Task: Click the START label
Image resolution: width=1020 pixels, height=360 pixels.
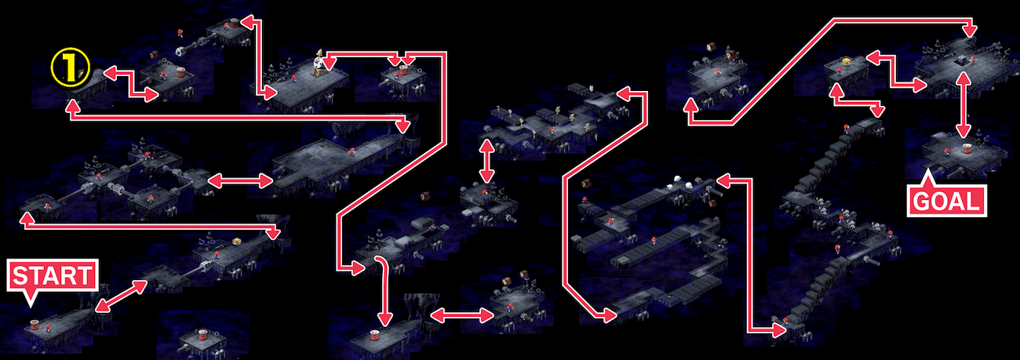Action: tap(51, 276)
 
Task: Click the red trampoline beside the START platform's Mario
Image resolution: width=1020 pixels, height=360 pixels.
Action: tap(35, 324)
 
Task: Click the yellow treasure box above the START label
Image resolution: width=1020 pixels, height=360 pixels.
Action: tap(236, 240)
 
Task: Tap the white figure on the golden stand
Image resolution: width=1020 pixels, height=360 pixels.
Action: tap(318, 58)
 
